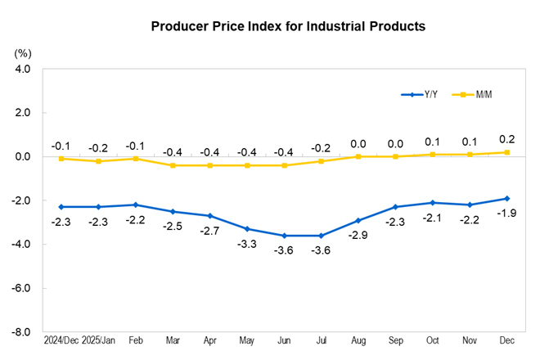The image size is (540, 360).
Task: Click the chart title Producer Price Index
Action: coord(288,26)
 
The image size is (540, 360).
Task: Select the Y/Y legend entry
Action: coord(419,95)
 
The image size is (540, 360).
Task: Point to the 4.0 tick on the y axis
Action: coord(22,69)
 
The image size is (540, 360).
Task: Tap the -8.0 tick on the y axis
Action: coord(20,333)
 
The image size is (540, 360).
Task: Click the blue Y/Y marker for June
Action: coord(284,236)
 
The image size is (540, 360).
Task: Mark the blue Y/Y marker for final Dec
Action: coord(507,198)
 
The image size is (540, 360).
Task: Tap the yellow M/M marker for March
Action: coord(173,165)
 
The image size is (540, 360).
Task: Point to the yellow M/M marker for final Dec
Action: coord(507,152)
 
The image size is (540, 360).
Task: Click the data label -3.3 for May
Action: coord(246,245)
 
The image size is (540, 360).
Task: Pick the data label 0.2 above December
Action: coord(506,138)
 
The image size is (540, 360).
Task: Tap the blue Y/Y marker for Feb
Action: coord(135,205)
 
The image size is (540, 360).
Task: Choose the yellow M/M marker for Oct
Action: coord(433,154)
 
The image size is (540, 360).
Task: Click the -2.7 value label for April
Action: coord(209,232)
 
